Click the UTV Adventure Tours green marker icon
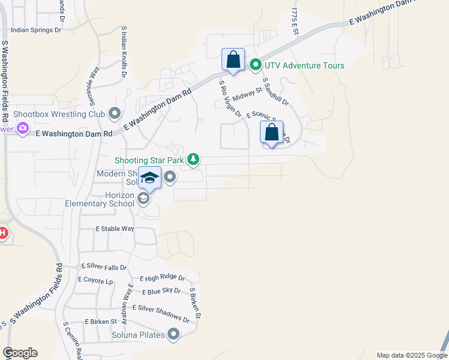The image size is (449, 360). [x=255, y=65]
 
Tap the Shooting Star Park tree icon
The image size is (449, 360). [x=193, y=159]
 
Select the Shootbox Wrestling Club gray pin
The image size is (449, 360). [x=115, y=113]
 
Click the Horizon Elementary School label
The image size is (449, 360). [x=100, y=199]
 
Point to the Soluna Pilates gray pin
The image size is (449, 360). [x=174, y=334]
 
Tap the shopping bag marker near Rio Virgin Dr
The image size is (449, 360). [x=233, y=60]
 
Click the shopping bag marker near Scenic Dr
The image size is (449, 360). [x=271, y=132]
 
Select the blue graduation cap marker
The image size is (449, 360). [x=149, y=178]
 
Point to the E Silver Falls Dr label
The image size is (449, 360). [x=104, y=267]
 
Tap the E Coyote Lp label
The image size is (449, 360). [x=95, y=280]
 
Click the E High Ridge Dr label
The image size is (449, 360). [x=162, y=278]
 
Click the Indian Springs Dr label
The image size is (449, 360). [x=37, y=29]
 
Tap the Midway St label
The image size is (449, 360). [x=248, y=94]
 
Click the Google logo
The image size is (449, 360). [x=20, y=353]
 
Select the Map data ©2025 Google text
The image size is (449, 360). [x=411, y=355]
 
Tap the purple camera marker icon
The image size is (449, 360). [x=23, y=128]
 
